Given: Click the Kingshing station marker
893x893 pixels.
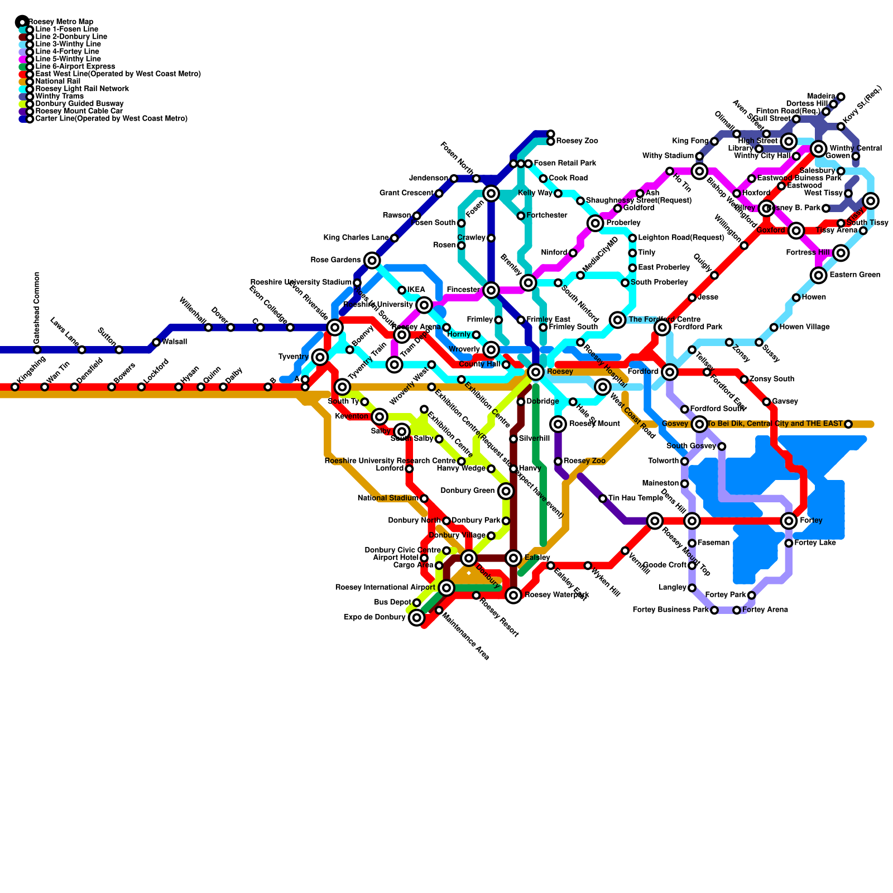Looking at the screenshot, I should pos(15,387).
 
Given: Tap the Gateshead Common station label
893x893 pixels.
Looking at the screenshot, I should pos(37,308).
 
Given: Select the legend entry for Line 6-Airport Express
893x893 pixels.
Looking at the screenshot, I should pos(75,66).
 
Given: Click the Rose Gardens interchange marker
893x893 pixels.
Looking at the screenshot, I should pos(372,260).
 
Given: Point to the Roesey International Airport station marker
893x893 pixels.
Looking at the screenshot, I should pos(446,587).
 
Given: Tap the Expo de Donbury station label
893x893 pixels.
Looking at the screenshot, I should pos(375,617).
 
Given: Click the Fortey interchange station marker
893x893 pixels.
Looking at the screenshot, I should pos(789,521).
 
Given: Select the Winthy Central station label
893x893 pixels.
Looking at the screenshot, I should pos(856,148).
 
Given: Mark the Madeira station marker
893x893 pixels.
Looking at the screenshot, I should pos(841,97).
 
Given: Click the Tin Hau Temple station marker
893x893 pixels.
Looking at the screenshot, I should pos(603,498).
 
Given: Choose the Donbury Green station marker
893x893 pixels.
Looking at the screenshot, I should pos(506,491).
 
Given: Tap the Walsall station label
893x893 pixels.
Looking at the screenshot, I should pos(174,342).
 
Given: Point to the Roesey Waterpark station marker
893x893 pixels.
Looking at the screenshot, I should pos(513,596).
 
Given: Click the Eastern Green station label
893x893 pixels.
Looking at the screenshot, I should pos(854,275).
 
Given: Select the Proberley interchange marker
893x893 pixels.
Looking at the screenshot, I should pos(596,223).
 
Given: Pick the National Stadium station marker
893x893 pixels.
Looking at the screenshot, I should pos(424,498).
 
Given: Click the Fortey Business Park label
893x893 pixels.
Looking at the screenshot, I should pos(670,610).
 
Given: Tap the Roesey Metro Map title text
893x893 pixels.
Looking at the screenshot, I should pos(60,22).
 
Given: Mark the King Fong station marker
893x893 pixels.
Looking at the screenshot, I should pos(714,141).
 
